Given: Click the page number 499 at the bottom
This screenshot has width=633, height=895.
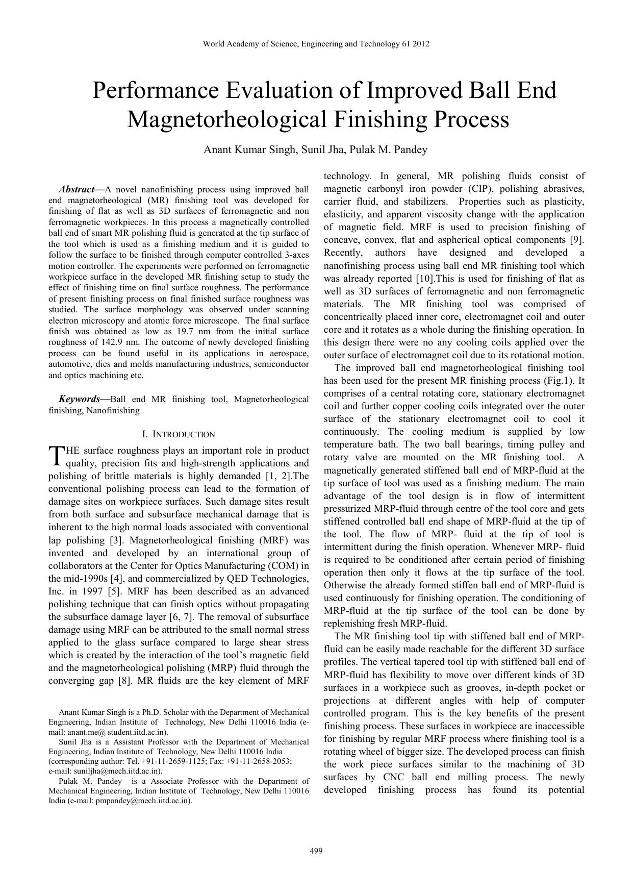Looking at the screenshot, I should coord(316,851).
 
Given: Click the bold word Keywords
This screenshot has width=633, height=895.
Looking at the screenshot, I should coord(79,399).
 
